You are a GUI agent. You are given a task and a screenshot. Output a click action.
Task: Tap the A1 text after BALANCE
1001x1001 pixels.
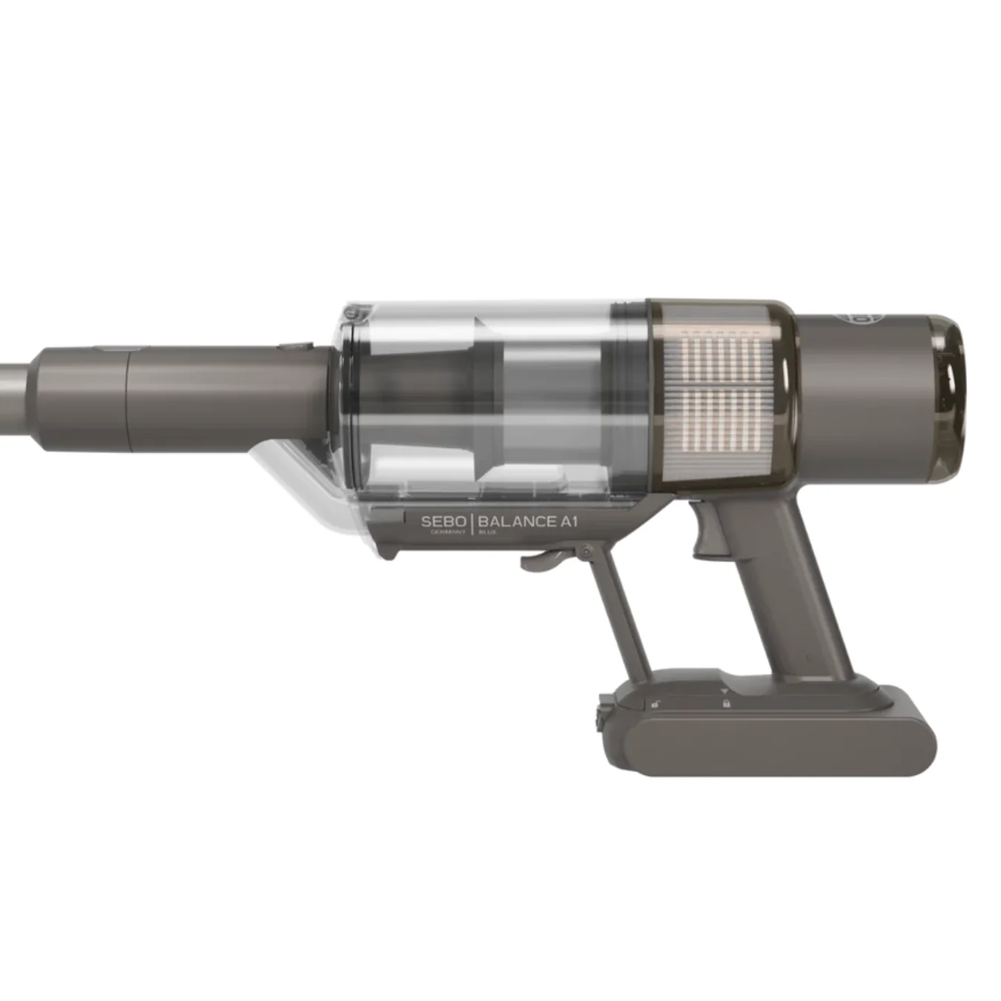click(568, 521)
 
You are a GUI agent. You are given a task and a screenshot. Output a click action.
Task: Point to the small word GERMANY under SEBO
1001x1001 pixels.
click(448, 532)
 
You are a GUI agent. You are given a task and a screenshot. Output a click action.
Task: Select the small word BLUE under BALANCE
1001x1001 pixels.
click(488, 532)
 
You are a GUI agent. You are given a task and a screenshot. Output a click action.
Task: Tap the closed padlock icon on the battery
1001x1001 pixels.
click(726, 702)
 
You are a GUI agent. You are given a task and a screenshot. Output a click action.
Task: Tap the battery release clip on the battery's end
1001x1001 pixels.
click(600, 717)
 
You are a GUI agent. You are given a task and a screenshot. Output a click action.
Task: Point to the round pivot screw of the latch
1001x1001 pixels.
click(586, 552)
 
